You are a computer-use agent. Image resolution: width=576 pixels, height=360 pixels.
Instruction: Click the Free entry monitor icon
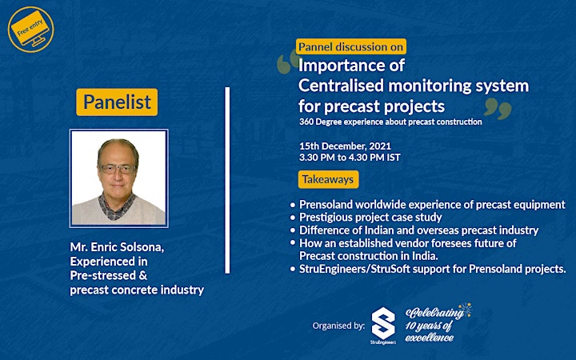pyautogui.click(x=30, y=29)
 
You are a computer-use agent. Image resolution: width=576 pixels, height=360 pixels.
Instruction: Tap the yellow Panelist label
pyautogui.click(x=117, y=102)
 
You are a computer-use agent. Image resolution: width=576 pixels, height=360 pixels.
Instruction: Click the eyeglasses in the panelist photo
pyautogui.click(x=118, y=169)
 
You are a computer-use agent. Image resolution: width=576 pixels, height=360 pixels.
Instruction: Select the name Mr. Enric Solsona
pyautogui.click(x=117, y=247)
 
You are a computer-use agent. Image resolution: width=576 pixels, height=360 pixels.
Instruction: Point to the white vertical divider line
pyautogui.click(x=227, y=180)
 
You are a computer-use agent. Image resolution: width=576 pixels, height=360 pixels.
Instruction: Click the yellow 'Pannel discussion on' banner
pyautogui.click(x=351, y=46)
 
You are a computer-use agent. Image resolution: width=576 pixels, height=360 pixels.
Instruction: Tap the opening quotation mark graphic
pyautogui.click(x=288, y=62)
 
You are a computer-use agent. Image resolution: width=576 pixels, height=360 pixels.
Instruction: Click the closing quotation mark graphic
pyautogui.click(x=498, y=109)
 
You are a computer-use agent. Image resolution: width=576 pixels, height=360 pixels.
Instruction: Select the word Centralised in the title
pyautogui.click(x=342, y=86)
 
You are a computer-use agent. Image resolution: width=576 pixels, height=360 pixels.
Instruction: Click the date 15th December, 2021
pyautogui.click(x=345, y=146)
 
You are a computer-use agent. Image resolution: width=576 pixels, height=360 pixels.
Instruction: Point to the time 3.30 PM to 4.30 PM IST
pyautogui.click(x=350, y=158)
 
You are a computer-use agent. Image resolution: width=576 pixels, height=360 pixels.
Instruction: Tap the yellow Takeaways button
pyautogui.click(x=329, y=179)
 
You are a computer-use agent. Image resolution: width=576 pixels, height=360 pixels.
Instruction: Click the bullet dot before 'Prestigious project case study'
pyautogui.click(x=293, y=218)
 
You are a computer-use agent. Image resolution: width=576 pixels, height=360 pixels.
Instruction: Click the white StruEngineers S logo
pyautogui.click(x=383, y=324)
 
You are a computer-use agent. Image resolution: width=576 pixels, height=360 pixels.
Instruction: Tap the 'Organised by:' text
pyautogui.click(x=338, y=326)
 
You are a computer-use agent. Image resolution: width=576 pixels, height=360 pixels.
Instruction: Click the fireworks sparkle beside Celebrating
pyautogui.click(x=465, y=310)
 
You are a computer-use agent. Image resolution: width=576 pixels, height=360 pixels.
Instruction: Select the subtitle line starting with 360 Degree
pyautogui.click(x=390, y=122)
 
